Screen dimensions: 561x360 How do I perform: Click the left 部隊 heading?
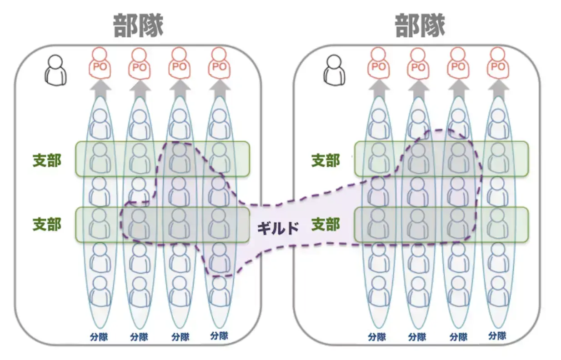coord(138,26)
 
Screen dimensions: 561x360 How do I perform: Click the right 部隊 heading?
coord(420,26)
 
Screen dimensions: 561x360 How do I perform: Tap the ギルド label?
coord(278,228)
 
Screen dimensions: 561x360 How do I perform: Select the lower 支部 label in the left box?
coord(47,224)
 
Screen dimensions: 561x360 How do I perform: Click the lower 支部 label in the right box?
coord(326,224)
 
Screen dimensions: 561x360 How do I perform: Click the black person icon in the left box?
coord(55,70)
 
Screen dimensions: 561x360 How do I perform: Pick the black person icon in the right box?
coord(334,70)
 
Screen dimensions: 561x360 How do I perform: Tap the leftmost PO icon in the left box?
coord(100,63)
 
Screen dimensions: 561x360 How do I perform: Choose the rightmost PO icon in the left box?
coord(219,63)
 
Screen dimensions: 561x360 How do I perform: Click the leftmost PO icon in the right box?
coord(378,63)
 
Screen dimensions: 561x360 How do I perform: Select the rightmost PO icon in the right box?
coord(498,63)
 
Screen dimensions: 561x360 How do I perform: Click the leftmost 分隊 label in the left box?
coord(99,337)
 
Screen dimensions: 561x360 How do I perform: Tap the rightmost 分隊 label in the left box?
coord(219,336)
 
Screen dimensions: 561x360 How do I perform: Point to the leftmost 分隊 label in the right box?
coord(377,337)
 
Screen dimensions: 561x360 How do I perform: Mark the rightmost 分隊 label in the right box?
coord(497,336)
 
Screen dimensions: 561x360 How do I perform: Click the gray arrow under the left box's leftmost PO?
coord(100,90)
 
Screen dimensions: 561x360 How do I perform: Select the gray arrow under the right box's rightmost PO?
coord(498,90)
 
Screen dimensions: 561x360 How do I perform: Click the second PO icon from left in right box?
coord(418,64)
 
